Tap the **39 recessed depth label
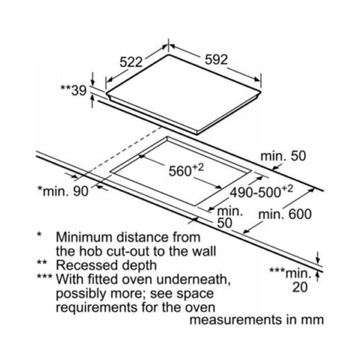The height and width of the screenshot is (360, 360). click(73, 90)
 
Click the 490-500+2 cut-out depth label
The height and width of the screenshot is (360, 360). click(261, 192)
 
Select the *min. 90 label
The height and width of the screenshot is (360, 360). click(63, 192)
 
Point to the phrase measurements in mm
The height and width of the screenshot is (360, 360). click(256, 320)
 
